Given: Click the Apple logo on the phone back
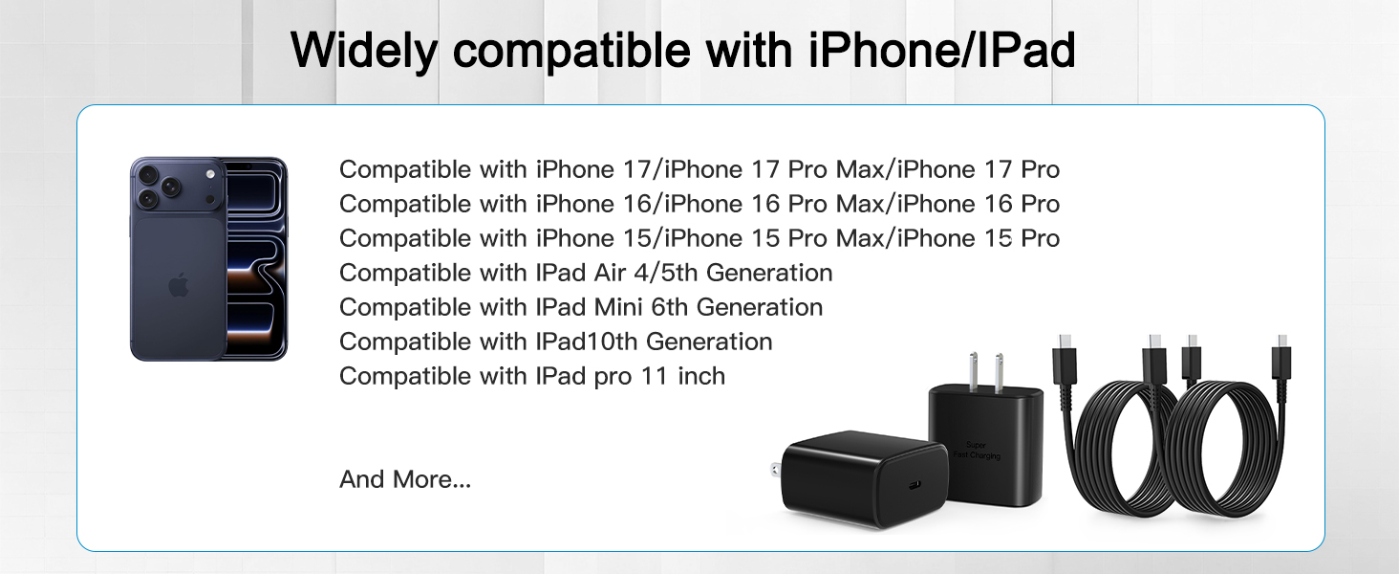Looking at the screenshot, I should tap(178, 285).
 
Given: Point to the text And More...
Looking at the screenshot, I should tap(405, 479).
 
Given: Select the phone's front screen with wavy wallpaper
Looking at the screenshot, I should tap(254, 258).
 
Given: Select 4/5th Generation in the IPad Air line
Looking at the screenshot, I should tap(733, 273).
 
